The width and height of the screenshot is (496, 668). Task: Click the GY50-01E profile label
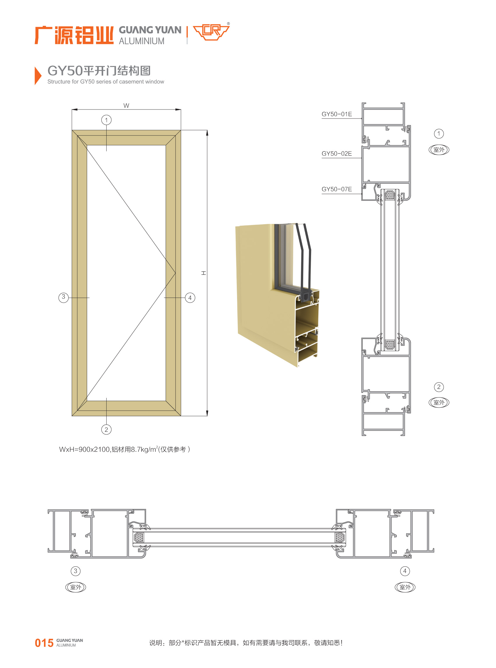(x=337, y=114)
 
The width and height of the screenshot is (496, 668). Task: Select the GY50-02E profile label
(x=337, y=153)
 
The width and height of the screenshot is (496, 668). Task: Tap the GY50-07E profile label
(x=337, y=189)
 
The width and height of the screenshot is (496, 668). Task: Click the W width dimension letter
(x=126, y=106)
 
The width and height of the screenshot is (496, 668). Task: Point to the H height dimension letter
(x=204, y=273)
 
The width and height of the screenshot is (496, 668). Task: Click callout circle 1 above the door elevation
(x=106, y=120)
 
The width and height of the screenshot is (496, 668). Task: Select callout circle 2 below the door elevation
(x=106, y=429)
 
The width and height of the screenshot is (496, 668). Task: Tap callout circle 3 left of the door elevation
(x=63, y=298)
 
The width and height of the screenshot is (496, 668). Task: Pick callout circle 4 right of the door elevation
(x=190, y=298)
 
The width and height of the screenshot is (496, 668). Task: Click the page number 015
(x=44, y=643)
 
